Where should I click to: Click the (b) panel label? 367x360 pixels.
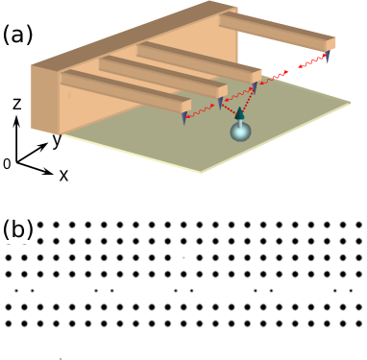click(18, 230)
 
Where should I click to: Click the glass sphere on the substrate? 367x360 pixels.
click(240, 132)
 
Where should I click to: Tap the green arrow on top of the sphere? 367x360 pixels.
click(240, 113)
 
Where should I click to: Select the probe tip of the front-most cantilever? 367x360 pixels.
click(184, 118)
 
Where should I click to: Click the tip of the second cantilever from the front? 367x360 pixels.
click(220, 103)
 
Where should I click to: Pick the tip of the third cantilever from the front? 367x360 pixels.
click(256, 86)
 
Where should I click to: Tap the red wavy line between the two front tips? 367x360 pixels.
click(203, 111)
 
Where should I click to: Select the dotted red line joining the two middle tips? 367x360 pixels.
click(238, 95)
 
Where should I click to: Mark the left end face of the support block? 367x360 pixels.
click(46, 101)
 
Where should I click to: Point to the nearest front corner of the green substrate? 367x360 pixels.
click(203, 172)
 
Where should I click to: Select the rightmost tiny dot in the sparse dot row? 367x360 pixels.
click(351, 289)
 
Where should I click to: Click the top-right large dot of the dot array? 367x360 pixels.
click(356, 224)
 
